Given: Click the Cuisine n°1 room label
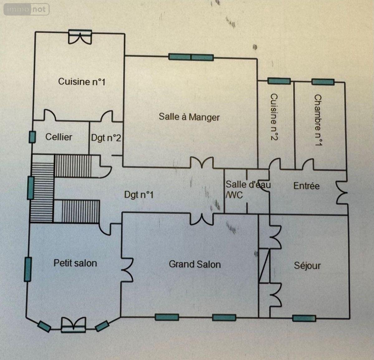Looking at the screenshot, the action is (82, 81).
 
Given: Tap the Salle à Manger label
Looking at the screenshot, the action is (189, 117).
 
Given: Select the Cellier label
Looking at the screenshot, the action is (59, 137).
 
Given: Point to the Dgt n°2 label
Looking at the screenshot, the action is (106, 138).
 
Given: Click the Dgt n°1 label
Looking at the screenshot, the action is (139, 195).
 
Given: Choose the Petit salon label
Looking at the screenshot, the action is (75, 263).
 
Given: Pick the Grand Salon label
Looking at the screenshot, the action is (195, 264).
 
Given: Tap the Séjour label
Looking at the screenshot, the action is (307, 266).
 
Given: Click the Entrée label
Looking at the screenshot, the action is (307, 186).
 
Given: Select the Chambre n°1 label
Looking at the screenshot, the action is (318, 120).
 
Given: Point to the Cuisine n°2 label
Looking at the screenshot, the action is (274, 117).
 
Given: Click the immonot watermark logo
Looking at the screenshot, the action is (26, 9).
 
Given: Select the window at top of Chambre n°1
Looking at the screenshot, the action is (323, 82).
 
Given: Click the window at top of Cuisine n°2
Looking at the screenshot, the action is (279, 81).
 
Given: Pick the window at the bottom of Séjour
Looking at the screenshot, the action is (304, 318).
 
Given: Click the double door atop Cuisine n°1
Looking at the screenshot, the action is (80, 37).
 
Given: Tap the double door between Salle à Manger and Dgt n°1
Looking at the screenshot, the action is (202, 163).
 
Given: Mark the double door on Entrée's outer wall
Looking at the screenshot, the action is (342, 192).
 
